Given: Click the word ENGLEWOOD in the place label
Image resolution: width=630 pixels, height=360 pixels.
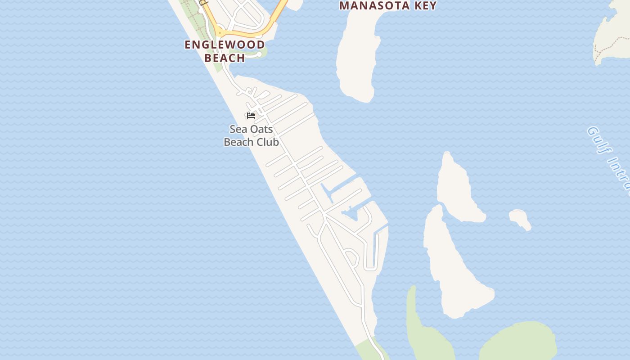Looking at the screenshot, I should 225,45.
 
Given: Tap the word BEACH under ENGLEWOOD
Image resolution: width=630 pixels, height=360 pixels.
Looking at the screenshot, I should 225,58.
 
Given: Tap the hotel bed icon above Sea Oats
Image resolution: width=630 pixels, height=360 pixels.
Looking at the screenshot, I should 251,116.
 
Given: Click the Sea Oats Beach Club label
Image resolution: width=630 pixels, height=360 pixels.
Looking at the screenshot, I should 251,135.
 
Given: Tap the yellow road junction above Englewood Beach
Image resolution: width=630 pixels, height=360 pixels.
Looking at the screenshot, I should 219,32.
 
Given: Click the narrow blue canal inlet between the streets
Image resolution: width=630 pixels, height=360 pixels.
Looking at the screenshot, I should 327,193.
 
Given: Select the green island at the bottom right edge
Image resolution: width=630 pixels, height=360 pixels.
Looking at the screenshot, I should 517,342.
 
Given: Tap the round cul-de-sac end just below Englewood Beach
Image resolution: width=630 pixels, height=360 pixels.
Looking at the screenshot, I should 259,54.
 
